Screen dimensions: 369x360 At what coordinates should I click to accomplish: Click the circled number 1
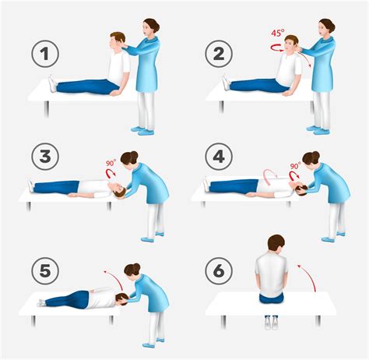45,54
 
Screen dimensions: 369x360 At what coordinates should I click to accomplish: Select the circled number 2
219,54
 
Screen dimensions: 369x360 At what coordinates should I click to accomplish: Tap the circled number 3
45,157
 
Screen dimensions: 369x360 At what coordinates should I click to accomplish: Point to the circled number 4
219,157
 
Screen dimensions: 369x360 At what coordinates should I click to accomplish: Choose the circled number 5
45,271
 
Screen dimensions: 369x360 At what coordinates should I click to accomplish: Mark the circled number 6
219,271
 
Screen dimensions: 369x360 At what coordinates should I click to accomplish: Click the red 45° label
278,33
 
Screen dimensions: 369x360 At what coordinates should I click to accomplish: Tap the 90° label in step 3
111,163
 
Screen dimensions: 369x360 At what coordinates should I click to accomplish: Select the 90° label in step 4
295,166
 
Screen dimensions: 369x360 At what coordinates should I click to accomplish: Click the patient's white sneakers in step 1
52,83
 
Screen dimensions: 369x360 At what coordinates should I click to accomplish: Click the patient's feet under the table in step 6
271,323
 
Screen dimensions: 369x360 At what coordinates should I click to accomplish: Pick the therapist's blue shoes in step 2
318,130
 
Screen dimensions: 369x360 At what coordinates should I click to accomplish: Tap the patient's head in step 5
121,299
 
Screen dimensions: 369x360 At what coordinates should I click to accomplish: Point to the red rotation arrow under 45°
277,48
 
